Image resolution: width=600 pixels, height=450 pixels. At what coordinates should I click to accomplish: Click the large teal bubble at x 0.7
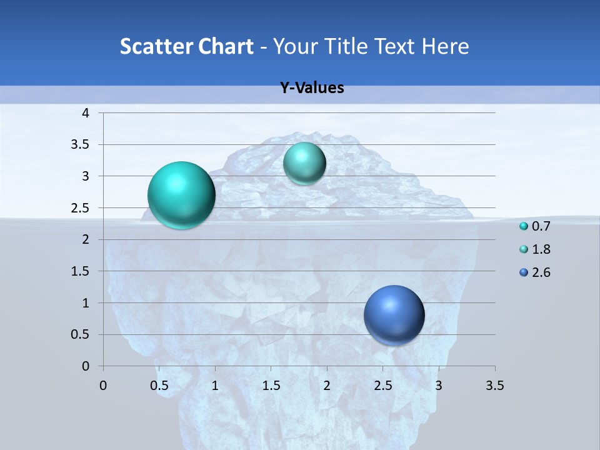[181, 195]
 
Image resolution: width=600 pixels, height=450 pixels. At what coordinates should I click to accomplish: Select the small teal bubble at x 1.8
[304, 164]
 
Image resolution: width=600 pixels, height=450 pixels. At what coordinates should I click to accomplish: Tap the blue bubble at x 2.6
[394, 315]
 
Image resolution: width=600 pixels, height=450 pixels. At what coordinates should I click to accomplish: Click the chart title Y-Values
[312, 88]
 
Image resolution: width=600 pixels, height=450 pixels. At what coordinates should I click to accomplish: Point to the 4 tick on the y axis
[86, 113]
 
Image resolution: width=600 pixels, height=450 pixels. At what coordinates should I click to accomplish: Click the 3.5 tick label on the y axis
[81, 144]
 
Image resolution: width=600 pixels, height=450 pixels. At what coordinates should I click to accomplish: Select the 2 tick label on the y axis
[86, 239]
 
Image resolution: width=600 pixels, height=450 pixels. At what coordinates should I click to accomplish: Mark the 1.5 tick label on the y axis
[81, 271]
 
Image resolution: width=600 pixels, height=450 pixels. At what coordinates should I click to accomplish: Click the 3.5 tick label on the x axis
[495, 386]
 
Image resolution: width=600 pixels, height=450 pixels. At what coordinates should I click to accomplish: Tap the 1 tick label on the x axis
[215, 386]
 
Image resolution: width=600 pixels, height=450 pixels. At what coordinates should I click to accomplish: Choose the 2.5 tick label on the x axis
[383, 386]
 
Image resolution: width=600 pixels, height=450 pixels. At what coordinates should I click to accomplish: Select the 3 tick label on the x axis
[439, 386]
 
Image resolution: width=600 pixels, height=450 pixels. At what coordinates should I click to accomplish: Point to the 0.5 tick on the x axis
[159, 386]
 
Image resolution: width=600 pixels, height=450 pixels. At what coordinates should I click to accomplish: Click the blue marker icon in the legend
[524, 272]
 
